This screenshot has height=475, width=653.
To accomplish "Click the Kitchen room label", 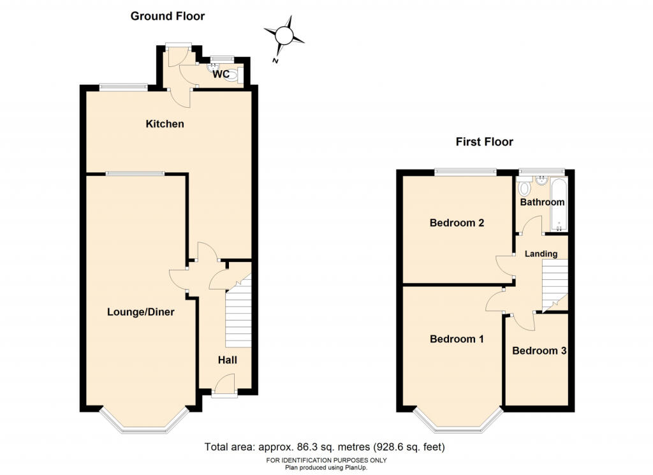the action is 165,124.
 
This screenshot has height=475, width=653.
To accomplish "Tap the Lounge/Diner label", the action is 141,312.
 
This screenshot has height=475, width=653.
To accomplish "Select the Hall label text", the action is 228,360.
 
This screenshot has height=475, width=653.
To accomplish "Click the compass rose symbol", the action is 284,35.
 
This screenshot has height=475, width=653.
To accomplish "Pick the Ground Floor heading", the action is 168,16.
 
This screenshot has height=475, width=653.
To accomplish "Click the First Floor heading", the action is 485,142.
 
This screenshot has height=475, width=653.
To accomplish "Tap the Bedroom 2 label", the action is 457,223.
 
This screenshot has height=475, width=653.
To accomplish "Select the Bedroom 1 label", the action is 457,339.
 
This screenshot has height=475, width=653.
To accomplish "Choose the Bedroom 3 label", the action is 539,351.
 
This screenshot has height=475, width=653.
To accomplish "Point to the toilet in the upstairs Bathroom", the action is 524,187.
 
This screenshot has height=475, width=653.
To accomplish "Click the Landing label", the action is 541,254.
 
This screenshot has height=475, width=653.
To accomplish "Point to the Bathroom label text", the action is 542,202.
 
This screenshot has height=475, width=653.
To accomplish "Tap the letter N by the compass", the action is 275,61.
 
